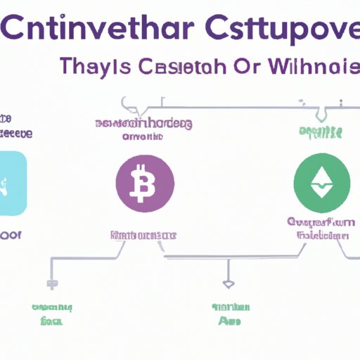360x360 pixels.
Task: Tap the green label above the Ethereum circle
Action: [x=321, y=131]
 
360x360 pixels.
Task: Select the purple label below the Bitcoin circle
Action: [x=142, y=234]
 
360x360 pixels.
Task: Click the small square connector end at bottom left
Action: [x=51, y=284]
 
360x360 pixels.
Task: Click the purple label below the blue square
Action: [x=11, y=235]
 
